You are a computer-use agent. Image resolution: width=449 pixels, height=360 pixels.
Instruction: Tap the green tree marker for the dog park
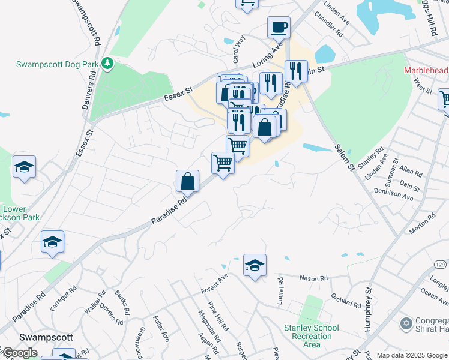[x=107, y=63]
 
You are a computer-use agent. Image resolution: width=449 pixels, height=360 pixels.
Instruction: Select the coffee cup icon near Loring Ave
[x=279, y=28]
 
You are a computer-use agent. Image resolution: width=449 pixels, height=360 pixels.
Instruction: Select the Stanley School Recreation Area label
[x=312, y=336]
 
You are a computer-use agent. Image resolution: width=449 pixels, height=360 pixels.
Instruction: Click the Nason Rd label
[x=315, y=278]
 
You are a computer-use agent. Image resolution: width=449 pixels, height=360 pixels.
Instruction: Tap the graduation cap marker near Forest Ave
[x=255, y=265]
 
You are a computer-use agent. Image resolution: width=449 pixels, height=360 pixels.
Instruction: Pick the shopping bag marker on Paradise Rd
[x=187, y=181]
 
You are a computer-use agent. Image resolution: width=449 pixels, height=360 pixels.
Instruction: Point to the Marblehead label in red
[x=426, y=70]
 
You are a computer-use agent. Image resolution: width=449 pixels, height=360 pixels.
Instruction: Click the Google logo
[x=20, y=353]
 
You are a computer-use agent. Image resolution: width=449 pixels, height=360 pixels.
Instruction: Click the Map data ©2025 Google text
[x=412, y=355]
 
